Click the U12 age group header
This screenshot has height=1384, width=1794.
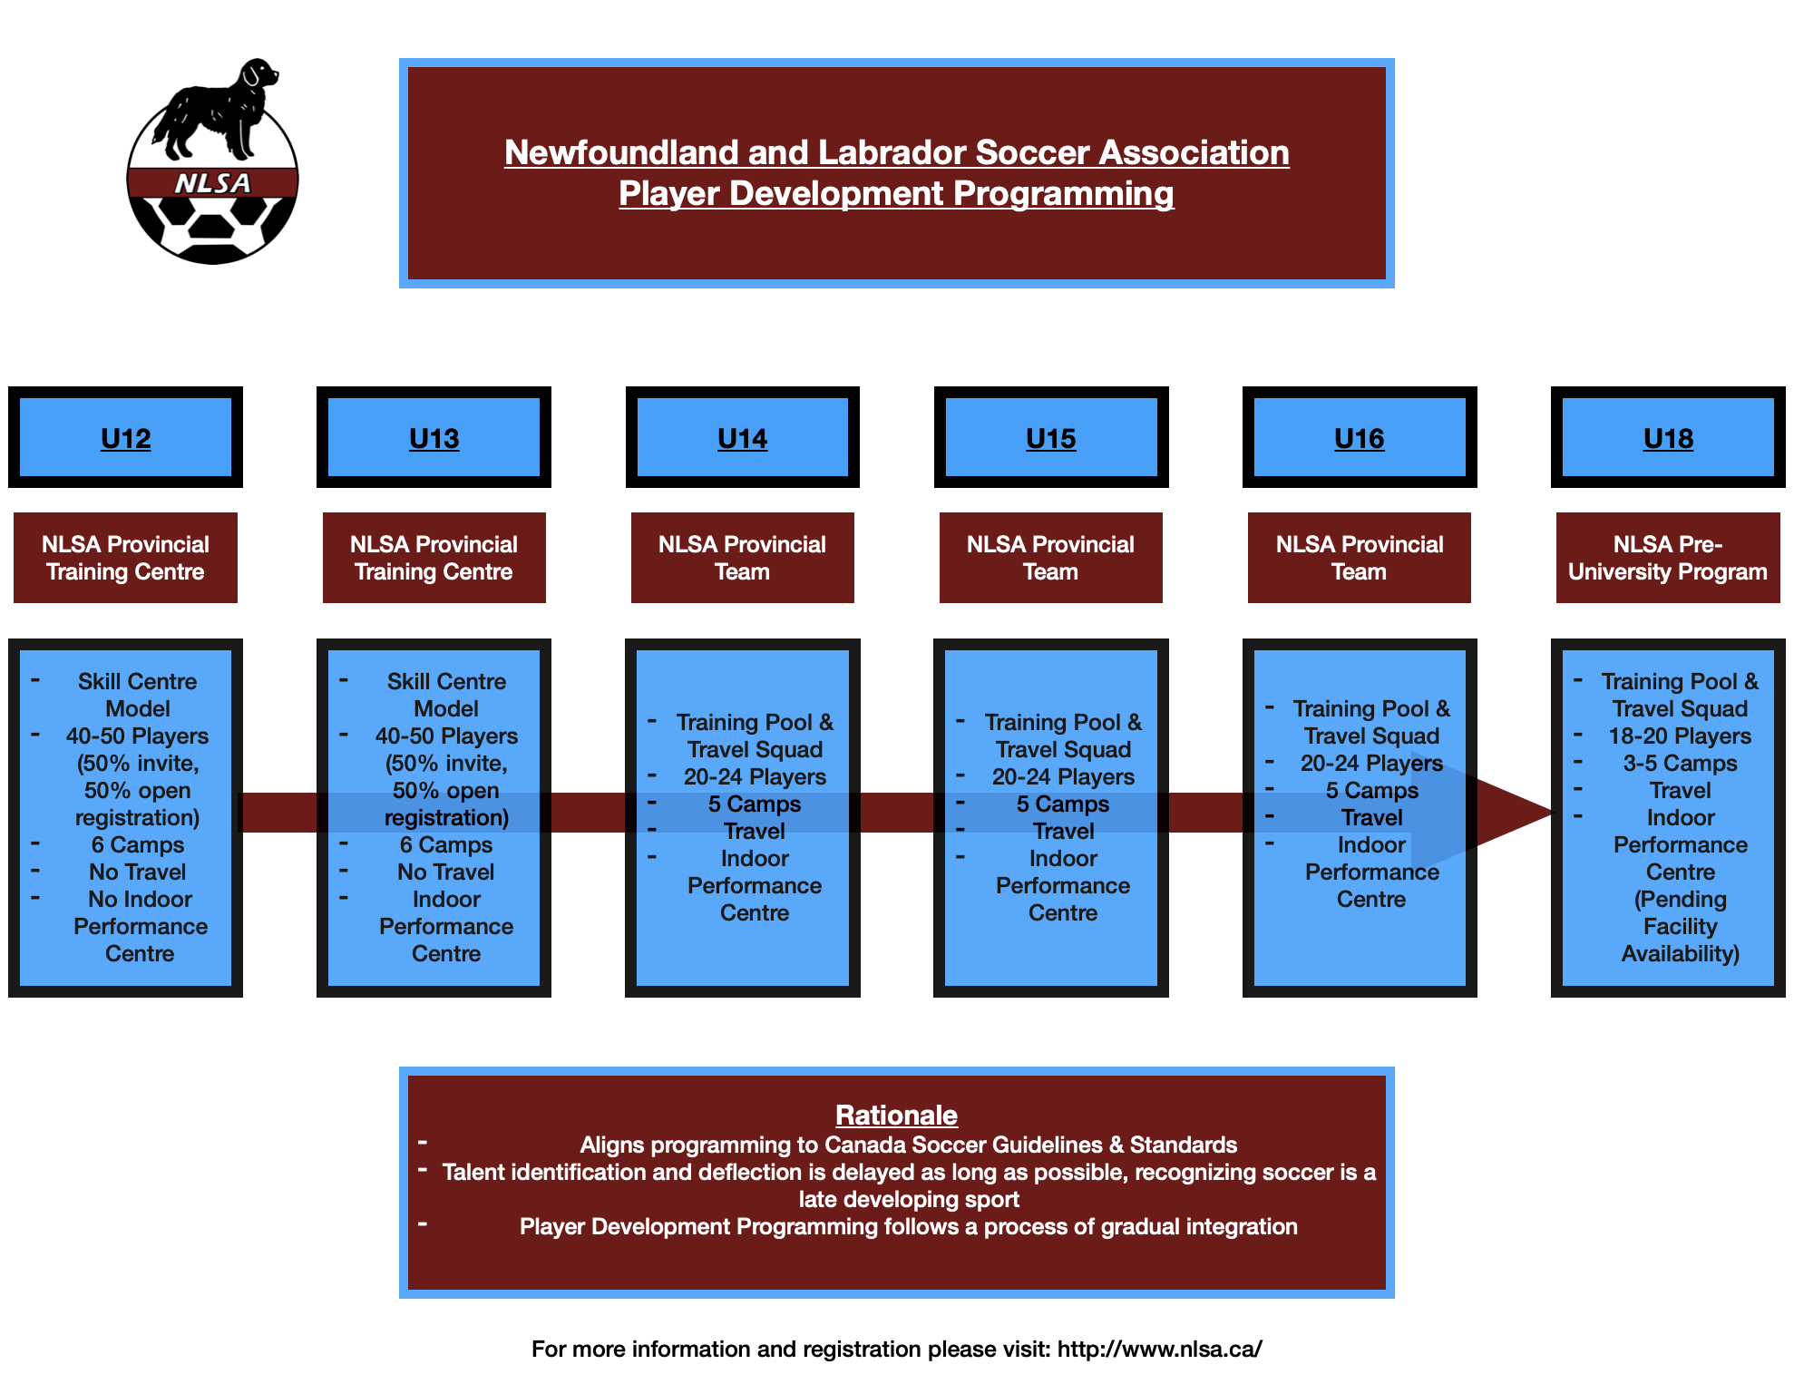(125, 438)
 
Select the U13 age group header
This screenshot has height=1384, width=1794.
(434, 438)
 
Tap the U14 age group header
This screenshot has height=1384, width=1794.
(742, 438)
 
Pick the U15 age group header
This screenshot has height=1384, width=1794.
(1050, 438)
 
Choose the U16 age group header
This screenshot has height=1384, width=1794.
(1359, 438)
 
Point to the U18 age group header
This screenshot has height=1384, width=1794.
(1668, 438)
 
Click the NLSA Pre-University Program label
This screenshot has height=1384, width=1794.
(1668, 558)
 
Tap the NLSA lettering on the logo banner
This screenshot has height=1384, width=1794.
(212, 183)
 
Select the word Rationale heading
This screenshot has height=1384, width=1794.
(896, 1115)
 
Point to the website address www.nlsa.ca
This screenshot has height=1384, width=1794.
(1159, 1349)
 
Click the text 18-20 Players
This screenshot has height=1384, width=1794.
(1680, 736)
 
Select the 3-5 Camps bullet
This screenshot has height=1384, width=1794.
(1680, 763)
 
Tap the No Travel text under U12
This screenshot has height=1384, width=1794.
(137, 872)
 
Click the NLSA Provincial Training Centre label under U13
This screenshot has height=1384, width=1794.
(434, 558)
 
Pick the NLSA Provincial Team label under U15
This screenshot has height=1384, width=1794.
(1050, 558)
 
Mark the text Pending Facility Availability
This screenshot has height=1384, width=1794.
(1681, 926)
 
